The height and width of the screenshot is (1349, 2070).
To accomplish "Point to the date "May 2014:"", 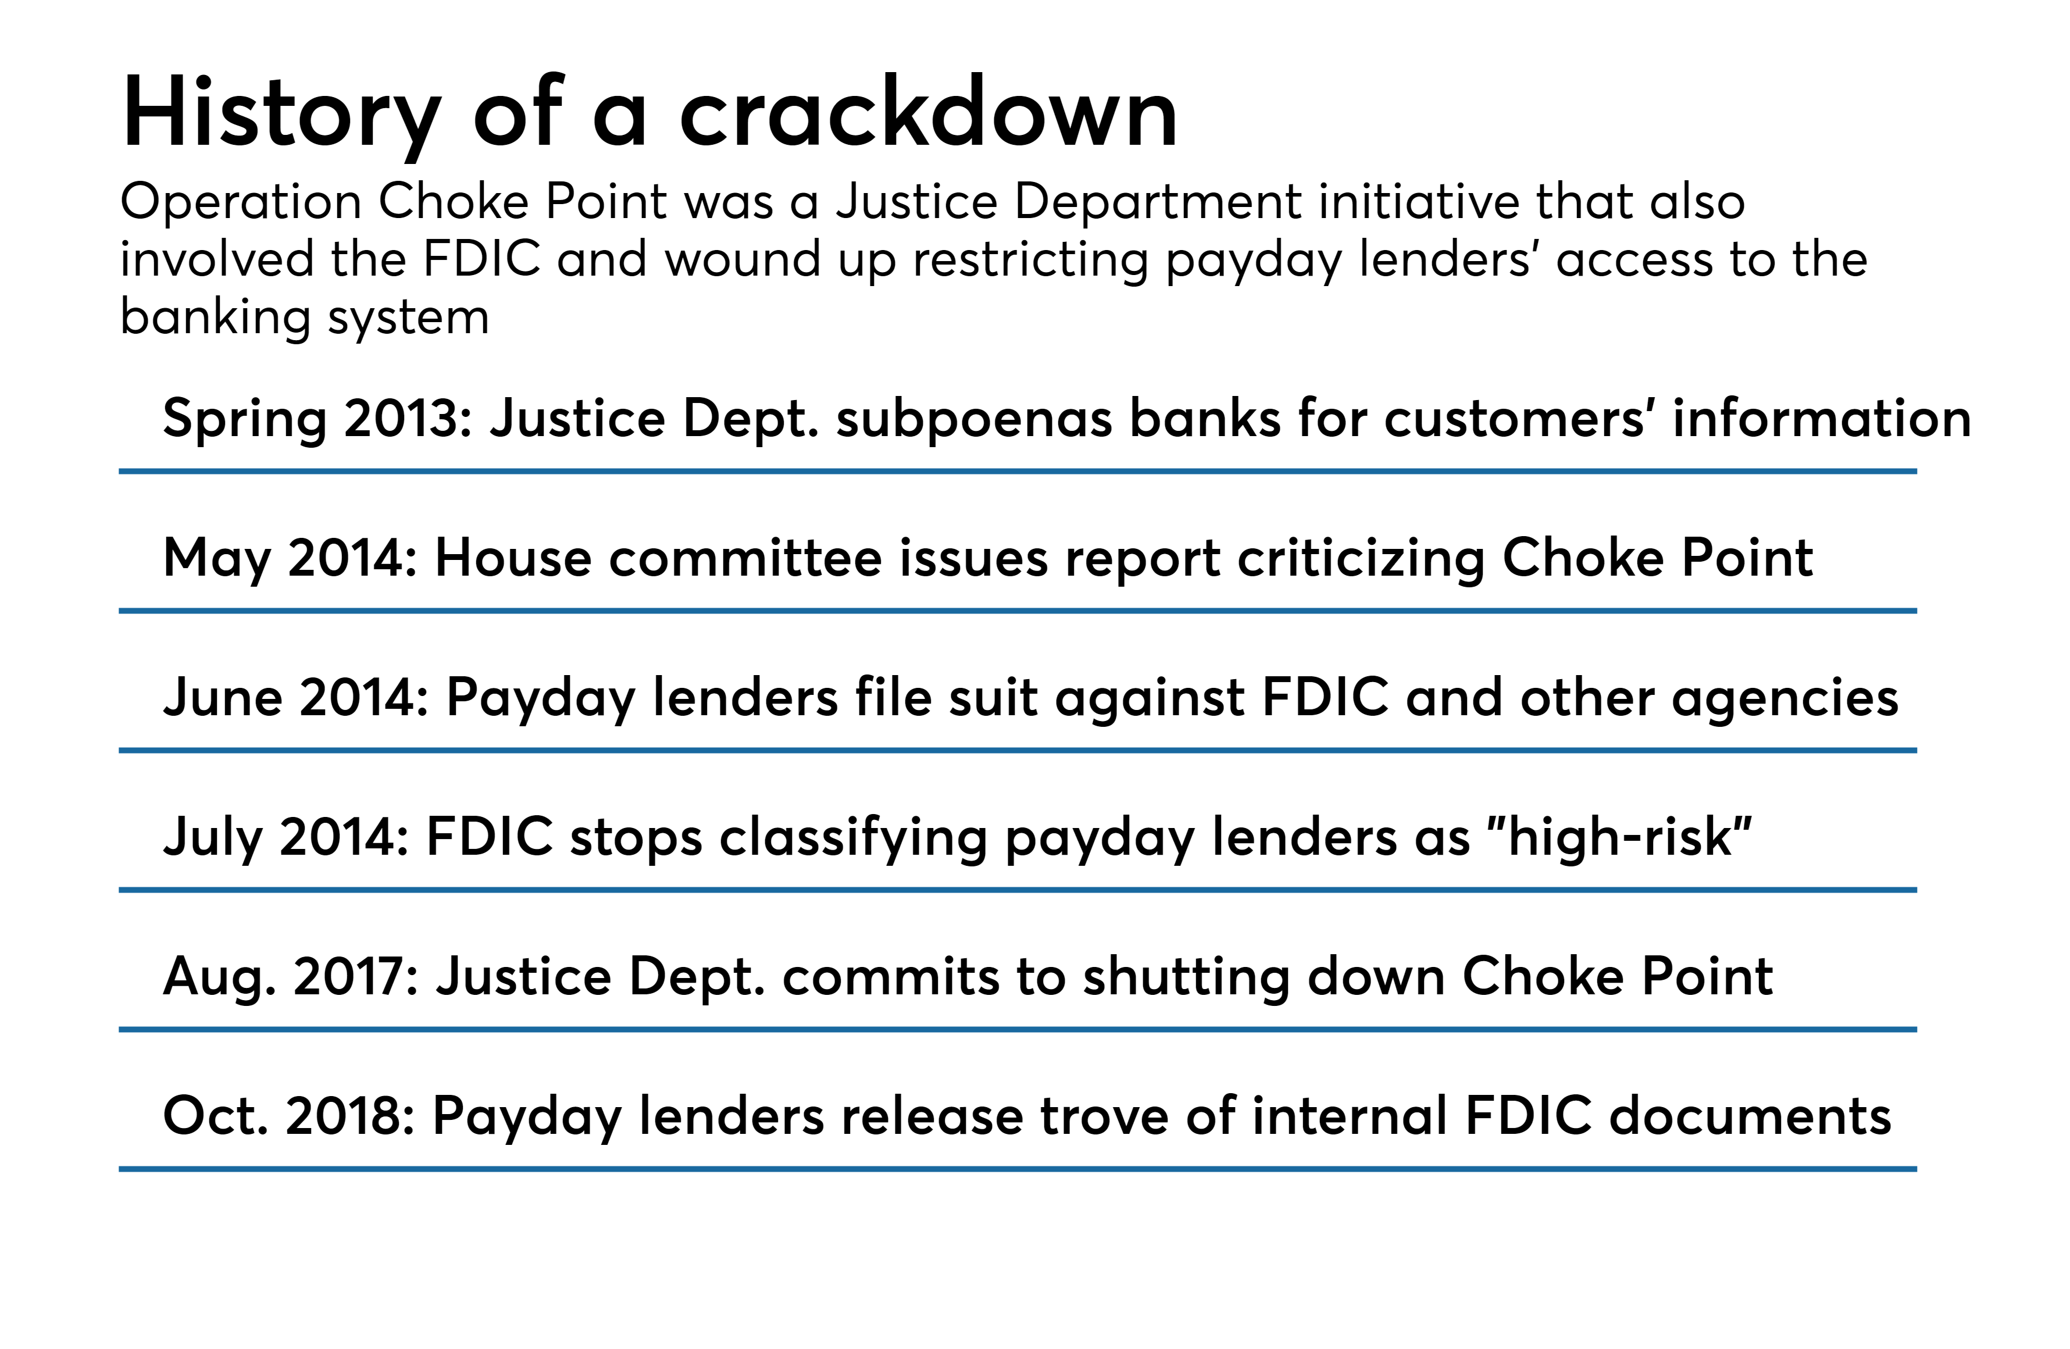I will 291,558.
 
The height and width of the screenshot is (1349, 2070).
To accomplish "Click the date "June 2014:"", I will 296,698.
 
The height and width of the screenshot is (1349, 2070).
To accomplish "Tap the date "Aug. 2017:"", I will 291,977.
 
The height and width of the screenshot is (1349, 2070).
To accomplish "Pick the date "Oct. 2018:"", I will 289,1116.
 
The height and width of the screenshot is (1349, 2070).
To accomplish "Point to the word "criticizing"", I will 1361,558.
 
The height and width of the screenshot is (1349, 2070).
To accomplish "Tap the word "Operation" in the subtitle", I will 240,203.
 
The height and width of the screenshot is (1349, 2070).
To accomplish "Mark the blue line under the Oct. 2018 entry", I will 1018,1169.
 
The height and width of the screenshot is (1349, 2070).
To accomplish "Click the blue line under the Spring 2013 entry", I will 1018,472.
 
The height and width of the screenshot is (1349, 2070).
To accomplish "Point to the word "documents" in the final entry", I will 1750,1116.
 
